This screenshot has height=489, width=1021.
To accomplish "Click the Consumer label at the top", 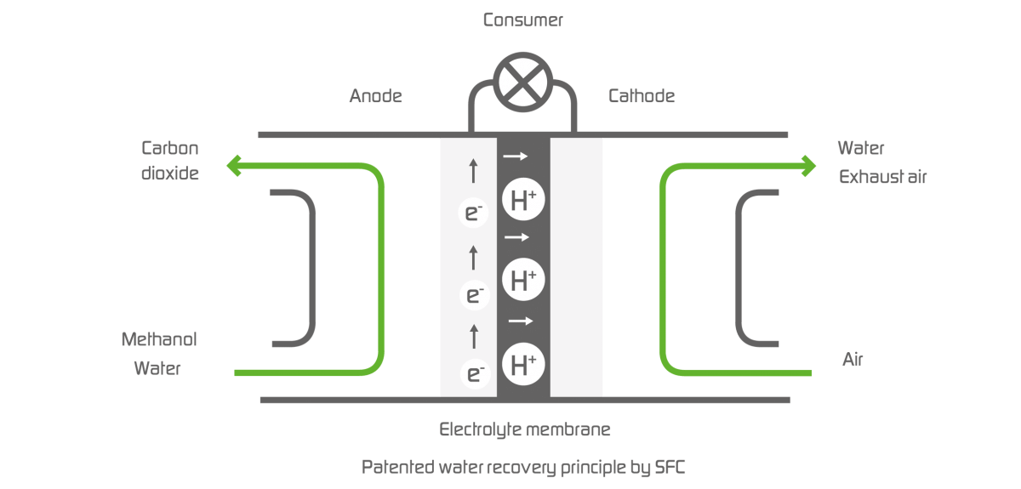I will tap(522, 20).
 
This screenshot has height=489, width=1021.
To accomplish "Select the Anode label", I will tap(375, 96).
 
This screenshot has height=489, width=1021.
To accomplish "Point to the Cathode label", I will tap(641, 96).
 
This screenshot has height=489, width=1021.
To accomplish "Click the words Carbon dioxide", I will tap(170, 161).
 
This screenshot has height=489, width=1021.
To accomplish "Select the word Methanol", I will tap(159, 339).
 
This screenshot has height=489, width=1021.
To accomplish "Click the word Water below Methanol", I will tap(157, 369).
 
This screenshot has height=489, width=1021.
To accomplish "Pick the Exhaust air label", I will tap(882, 177).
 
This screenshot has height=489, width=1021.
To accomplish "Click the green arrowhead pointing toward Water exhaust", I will tap(806, 165).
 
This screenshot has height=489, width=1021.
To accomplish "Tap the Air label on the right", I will tap(853, 360).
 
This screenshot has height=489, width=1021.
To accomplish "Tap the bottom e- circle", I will tap(474, 372).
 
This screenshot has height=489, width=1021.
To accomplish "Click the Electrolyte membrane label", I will tap(524, 429).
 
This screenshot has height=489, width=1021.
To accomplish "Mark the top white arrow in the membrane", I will tap(516, 156).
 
